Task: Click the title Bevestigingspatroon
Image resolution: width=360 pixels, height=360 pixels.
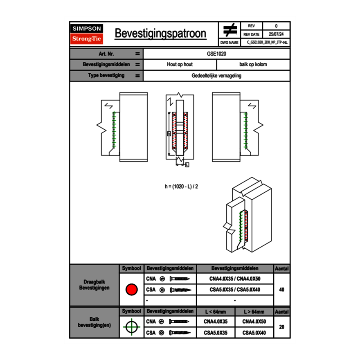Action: (x=160, y=34)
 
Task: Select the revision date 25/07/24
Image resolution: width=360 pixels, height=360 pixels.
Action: (x=276, y=34)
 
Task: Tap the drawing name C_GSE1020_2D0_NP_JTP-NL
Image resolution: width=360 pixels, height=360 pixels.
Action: (x=268, y=42)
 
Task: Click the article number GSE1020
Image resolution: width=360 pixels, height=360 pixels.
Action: (x=217, y=54)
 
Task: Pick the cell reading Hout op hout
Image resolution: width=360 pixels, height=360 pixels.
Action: (x=180, y=65)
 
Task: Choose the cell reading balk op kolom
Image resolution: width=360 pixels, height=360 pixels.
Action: (x=253, y=65)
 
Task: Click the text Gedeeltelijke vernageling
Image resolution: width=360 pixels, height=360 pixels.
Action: (x=216, y=76)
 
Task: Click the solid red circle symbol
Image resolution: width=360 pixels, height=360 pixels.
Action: (x=131, y=290)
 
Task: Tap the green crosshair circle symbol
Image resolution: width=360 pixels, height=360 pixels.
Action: (x=131, y=327)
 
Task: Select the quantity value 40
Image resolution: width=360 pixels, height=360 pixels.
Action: (x=281, y=290)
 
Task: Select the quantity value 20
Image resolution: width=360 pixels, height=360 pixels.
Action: (x=281, y=327)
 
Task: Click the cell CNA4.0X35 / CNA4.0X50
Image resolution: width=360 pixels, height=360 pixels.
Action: (x=235, y=279)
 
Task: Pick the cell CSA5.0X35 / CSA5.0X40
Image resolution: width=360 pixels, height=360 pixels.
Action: (x=235, y=290)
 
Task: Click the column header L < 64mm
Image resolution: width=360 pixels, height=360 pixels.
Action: (x=216, y=312)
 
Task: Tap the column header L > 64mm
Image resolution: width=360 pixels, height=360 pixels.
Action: (x=254, y=312)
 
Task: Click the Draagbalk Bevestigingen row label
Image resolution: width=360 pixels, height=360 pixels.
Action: (x=94, y=285)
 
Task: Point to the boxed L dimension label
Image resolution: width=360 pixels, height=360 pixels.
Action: (x=187, y=165)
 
